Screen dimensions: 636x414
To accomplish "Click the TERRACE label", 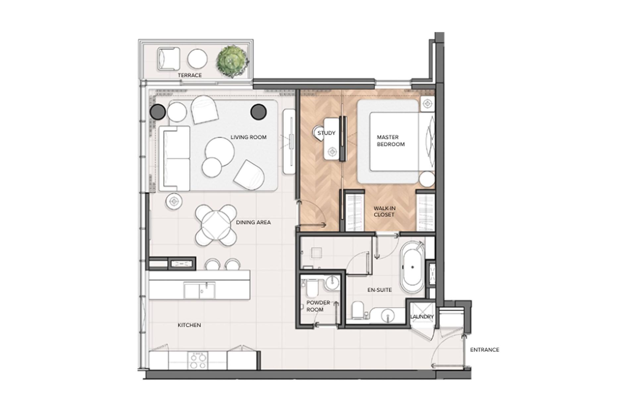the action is tap(189, 75).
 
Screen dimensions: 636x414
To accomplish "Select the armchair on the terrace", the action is tap(169, 59).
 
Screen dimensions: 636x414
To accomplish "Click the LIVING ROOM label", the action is tap(248, 137).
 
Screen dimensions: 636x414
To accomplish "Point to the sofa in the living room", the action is tap(174, 159).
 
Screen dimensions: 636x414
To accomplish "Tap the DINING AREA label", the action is tap(253, 222).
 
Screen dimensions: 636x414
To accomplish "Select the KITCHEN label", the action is tap(189, 325).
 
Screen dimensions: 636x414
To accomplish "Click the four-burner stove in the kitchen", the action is tap(198, 361).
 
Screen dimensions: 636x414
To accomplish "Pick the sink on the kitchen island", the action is tap(199, 290).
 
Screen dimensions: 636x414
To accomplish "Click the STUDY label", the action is tap(326, 133).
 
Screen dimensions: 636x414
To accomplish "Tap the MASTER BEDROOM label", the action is tap(391, 141).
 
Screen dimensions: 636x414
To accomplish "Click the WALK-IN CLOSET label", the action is tap(384, 211).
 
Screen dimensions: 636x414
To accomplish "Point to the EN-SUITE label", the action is tap(380, 290).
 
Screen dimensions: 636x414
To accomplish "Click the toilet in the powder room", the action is tap(312, 288).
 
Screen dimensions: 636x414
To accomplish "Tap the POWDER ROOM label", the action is tap(318, 306).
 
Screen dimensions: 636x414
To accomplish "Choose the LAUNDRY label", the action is tap(422, 317).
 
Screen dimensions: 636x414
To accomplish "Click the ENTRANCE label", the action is tap(485, 350).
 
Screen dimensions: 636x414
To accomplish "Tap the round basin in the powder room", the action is tap(332, 283).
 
